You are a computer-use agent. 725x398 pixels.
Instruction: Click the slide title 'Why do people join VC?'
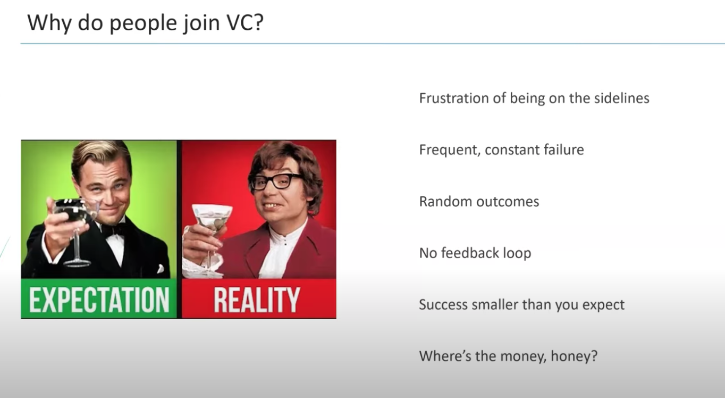pos(145,23)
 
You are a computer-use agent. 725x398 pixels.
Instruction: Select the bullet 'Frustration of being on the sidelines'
pos(534,98)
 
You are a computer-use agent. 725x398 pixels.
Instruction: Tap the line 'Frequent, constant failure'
pos(501,150)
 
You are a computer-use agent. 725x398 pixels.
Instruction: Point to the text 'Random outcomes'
pos(479,201)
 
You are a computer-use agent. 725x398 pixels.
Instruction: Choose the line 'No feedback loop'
pos(475,253)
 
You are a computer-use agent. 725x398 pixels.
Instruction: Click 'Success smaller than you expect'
pos(522,305)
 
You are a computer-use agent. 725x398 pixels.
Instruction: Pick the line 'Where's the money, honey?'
pos(508,356)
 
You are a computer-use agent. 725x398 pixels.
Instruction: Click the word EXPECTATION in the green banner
pos(99,300)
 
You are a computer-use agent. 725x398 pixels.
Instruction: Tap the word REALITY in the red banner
pos(257,300)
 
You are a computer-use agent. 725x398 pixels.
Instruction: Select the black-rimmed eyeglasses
pos(275,181)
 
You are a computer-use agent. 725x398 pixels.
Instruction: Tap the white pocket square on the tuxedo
pos(160,269)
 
